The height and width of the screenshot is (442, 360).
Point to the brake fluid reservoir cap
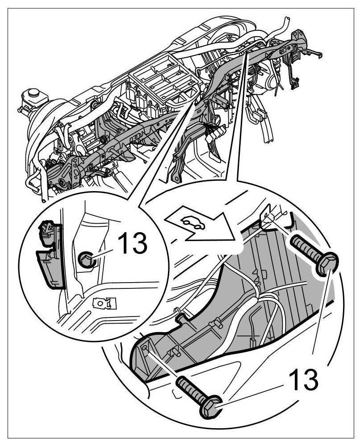(x=30, y=95)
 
